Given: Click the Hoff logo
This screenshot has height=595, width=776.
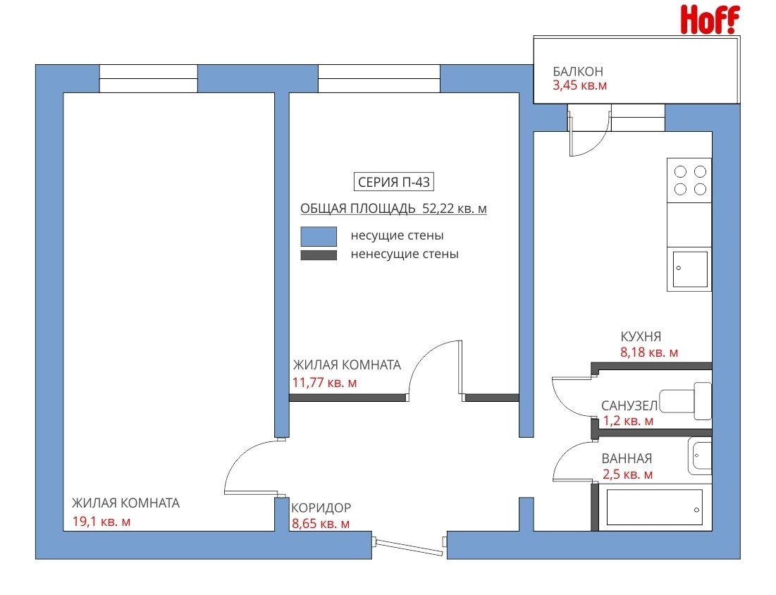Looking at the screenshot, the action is point(710,19).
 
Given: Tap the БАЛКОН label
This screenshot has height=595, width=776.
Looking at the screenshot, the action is point(577,71).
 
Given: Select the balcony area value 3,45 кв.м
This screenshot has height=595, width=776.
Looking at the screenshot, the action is point(579,85).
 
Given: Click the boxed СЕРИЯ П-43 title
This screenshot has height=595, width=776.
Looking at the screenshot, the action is point(393,182).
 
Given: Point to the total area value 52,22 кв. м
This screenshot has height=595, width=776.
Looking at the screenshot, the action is point(455,209).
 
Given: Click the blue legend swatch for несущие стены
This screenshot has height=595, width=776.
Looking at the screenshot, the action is point(319,237).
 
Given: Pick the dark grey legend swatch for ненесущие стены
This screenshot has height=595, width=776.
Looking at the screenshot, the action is point(319,255).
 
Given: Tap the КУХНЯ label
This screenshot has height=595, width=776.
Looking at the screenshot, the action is point(641,336).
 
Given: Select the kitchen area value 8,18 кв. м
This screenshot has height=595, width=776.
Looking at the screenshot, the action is point(649,352).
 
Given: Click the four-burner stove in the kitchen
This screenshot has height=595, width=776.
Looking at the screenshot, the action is point(689,180).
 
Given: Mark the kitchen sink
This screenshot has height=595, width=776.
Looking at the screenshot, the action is point(690,269).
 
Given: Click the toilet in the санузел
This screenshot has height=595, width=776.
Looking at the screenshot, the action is point(686,401).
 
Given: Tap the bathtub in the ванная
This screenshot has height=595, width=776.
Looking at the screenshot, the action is point(654,507).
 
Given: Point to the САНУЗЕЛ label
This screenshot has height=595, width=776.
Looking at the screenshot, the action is point(629,406).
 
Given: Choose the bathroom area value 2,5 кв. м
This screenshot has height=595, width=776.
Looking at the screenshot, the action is point(627,474).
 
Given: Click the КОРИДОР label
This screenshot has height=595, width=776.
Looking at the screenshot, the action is point(321,508).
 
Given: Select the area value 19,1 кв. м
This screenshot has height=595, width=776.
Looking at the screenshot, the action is point(101,521).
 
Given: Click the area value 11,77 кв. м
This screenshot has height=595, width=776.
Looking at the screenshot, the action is point(325,383).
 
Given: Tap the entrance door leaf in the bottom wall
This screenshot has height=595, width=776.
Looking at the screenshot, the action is point(409,546).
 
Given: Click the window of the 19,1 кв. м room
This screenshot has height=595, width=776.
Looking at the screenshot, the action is point(149,78).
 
